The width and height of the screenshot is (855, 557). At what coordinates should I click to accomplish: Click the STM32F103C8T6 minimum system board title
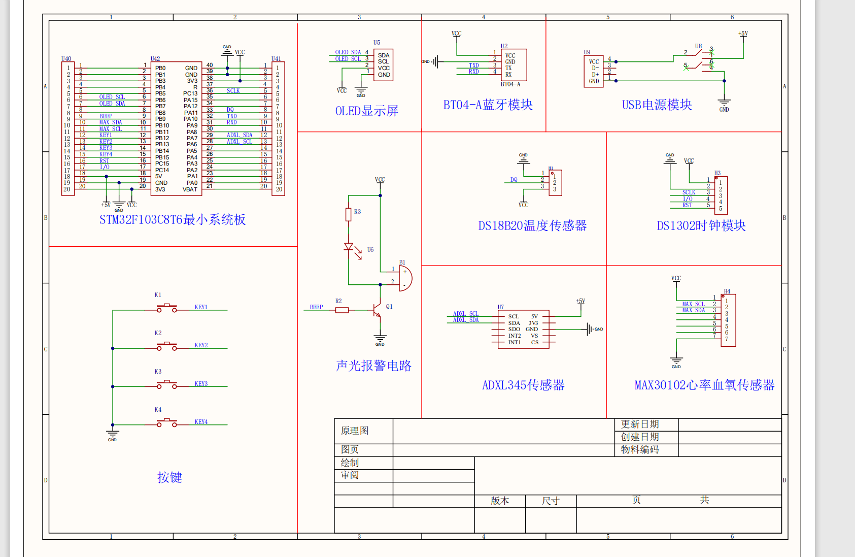click(173, 219)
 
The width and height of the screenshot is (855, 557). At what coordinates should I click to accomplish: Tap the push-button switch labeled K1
click(166, 308)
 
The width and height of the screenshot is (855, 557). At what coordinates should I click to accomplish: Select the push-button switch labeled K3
click(166, 385)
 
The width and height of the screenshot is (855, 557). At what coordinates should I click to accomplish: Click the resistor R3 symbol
click(348, 214)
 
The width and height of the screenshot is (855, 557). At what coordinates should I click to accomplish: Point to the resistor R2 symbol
click(342, 310)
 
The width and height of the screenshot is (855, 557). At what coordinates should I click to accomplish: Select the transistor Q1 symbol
click(376, 309)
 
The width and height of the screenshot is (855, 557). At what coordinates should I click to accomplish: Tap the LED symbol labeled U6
click(349, 247)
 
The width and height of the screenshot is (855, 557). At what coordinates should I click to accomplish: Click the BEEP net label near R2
click(316, 307)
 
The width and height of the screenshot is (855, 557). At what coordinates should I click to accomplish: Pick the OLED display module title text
click(366, 111)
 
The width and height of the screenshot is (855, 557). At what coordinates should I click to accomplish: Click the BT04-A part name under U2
click(510, 84)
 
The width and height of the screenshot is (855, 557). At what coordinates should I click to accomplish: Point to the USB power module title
click(657, 105)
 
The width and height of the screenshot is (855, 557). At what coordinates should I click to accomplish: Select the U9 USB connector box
click(594, 71)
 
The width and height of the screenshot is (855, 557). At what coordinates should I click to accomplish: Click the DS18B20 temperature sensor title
click(532, 225)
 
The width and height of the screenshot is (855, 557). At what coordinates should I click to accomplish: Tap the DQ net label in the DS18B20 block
click(514, 180)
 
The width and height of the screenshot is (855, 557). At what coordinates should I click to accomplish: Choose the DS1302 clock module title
click(701, 225)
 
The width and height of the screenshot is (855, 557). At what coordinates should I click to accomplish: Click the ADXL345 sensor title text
click(523, 385)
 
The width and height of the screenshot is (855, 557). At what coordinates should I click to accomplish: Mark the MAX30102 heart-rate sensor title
click(704, 385)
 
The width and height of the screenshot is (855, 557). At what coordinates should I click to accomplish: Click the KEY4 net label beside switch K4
click(201, 422)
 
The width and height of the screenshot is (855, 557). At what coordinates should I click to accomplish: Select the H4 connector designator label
click(727, 291)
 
